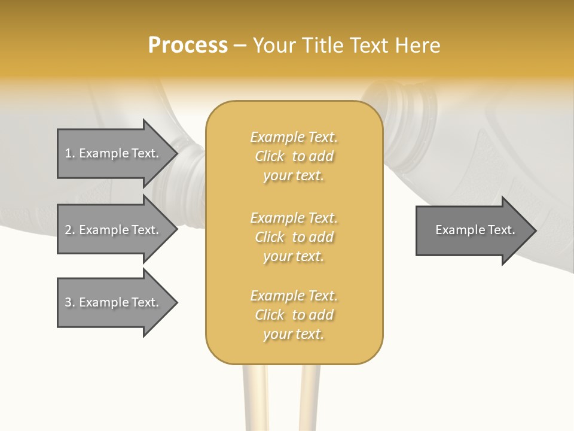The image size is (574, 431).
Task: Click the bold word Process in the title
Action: coord(188,45)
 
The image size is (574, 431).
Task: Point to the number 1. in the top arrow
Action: coord(70,153)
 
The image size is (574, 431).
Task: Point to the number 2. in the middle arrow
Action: coord(70,230)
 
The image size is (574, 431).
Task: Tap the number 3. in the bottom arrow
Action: coord(70,302)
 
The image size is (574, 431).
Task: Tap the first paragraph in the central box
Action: coord(294,156)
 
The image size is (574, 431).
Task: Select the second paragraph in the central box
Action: coord(294,237)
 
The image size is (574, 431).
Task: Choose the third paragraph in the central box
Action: coord(294,315)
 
